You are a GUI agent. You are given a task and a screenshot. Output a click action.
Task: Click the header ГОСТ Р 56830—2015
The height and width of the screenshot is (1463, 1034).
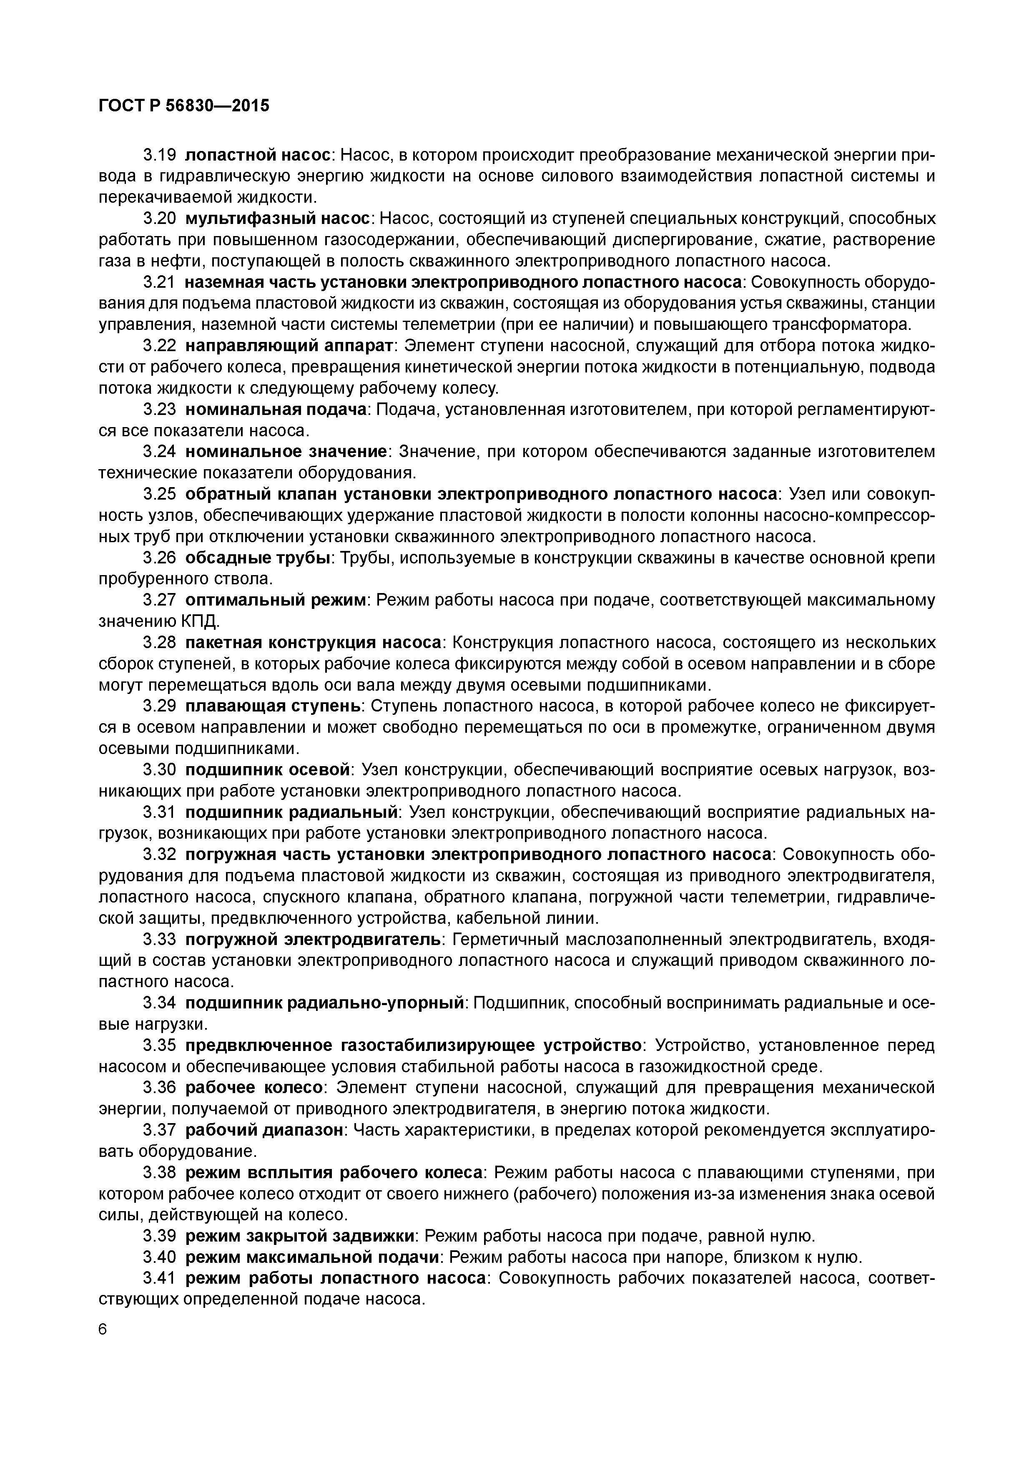[x=184, y=105]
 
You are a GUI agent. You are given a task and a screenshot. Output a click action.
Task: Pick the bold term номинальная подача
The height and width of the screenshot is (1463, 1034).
[x=276, y=409]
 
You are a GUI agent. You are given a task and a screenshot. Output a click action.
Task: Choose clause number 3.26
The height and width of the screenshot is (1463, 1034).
[x=158, y=558]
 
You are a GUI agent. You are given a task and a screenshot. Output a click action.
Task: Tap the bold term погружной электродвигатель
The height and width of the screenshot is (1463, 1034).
[x=313, y=939]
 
